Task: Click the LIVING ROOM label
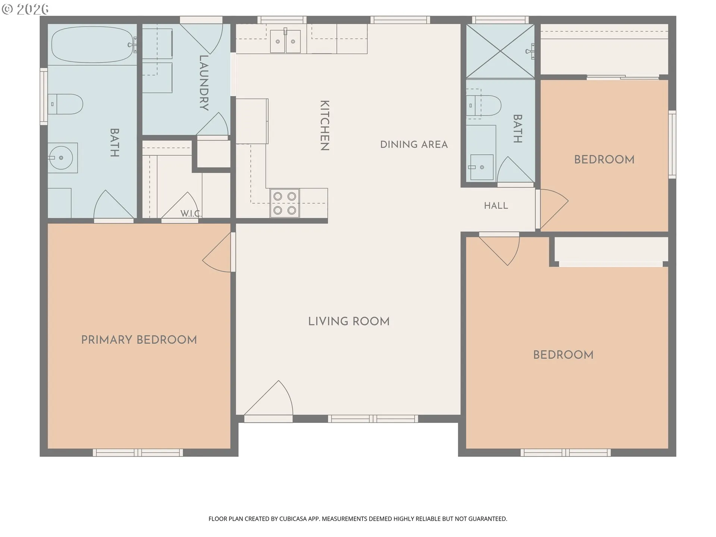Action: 349,321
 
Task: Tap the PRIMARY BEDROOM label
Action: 139,340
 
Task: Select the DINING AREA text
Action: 414,145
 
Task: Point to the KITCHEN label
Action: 325,125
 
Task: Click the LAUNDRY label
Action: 204,83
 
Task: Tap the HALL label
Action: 496,205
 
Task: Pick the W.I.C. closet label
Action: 191,213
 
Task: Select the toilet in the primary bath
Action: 65,104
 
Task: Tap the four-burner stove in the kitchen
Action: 285,203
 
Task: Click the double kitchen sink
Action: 285,41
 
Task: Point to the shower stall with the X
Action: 500,51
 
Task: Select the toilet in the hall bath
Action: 484,105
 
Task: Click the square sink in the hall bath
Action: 481,167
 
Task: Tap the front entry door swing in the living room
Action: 268,398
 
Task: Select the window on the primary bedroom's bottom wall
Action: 138,453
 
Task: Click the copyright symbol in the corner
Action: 7,9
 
